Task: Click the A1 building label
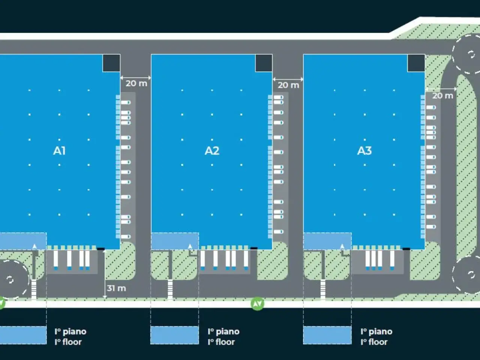59,151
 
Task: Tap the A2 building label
212,151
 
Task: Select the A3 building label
364,151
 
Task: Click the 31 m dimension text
116,288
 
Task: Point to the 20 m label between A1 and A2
136,83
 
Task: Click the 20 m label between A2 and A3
288,85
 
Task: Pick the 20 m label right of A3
442,96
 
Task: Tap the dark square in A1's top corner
111,63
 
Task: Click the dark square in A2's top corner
264,63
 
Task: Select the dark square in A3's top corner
416,63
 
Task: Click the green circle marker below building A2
257,304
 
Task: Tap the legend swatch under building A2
174,335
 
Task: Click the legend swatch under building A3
327,335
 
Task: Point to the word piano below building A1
75,332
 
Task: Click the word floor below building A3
378,342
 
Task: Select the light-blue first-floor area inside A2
174,241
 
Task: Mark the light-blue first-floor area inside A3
327,241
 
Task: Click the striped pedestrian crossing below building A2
170,289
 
